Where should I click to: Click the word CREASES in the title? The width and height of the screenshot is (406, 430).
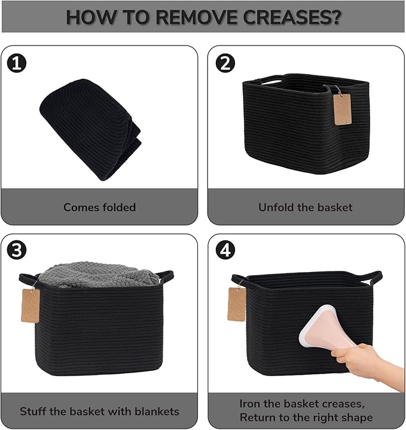point(292,17)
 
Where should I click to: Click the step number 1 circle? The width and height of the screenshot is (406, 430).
point(17,63)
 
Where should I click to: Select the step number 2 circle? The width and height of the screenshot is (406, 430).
point(225,63)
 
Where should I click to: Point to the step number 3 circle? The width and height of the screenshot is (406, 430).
point(17,250)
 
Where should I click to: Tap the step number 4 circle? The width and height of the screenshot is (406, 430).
point(225,250)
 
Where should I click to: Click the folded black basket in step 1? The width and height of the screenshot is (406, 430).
point(90,129)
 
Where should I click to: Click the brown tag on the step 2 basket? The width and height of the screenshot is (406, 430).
point(343,109)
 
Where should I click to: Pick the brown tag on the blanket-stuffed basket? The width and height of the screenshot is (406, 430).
point(30,306)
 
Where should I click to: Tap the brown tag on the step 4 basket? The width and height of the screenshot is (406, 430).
point(236,304)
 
